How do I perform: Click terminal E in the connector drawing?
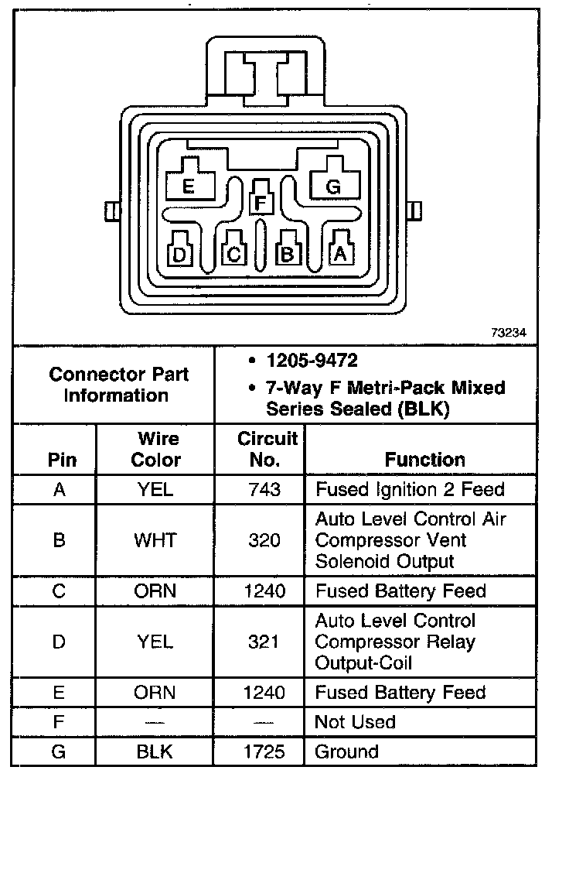point(188,186)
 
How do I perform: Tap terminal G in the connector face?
point(333,186)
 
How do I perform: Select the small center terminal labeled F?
point(261,203)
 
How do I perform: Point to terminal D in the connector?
point(179,253)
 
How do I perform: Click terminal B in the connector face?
point(288,252)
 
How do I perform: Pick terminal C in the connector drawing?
point(233,253)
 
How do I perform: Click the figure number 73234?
point(508,333)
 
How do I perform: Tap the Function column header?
point(424,460)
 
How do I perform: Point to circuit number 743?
point(264,489)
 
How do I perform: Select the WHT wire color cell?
point(155,539)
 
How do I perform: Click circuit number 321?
point(264,642)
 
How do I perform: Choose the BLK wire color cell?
point(155,751)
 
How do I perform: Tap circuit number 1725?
point(264,751)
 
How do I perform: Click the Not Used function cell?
point(355,722)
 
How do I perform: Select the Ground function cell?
point(347,751)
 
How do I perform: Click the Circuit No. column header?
point(267,449)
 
